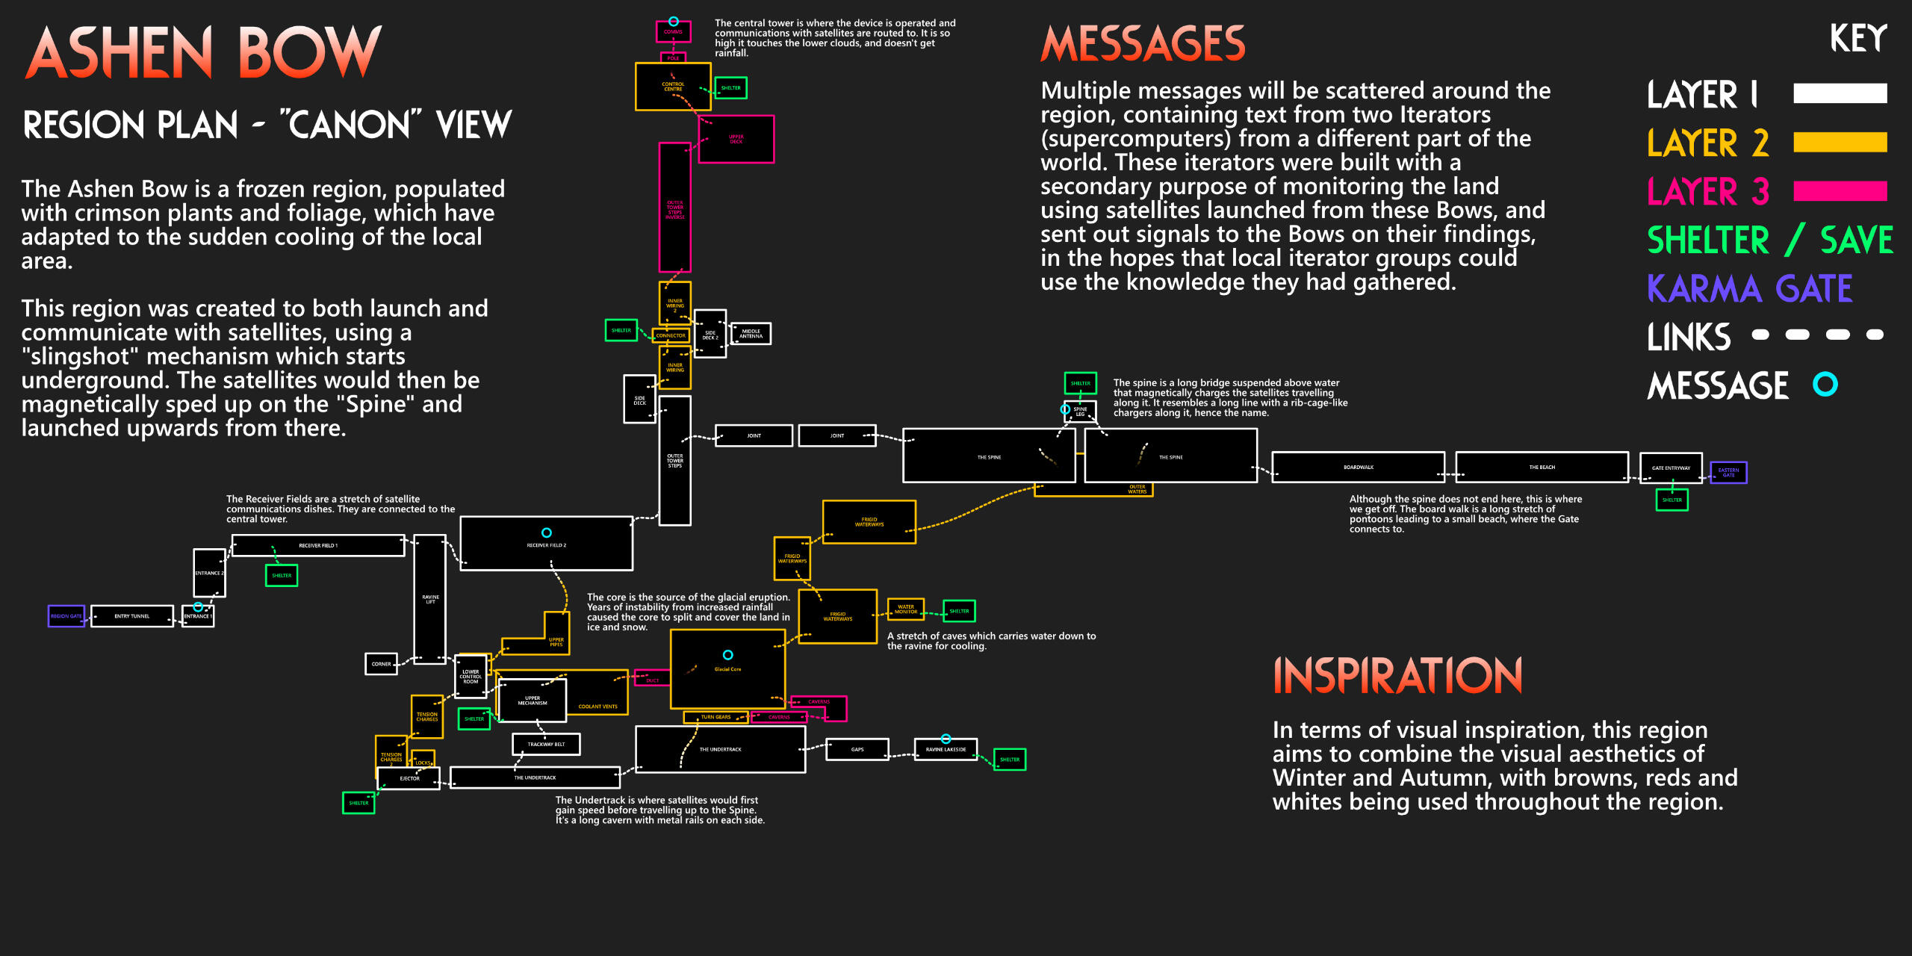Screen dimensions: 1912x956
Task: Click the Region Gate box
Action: (x=66, y=616)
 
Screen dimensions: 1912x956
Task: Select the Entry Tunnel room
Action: (x=132, y=616)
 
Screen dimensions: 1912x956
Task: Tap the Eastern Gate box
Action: (x=1728, y=472)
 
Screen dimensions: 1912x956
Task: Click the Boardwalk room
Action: (x=1358, y=468)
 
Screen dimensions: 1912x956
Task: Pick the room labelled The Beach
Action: (x=1542, y=468)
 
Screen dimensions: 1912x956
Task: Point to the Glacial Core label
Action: (x=727, y=669)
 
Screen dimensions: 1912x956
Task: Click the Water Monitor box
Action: (x=905, y=609)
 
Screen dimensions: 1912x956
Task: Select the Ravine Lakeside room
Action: (x=946, y=749)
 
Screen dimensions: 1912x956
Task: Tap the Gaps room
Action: (x=857, y=749)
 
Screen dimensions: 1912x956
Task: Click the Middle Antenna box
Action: (x=751, y=334)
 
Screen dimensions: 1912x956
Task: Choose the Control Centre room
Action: (x=673, y=87)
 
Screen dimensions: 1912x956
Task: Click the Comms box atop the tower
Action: (x=673, y=32)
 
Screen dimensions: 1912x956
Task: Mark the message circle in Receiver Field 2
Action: (x=547, y=533)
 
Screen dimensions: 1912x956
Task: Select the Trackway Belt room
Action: (x=546, y=744)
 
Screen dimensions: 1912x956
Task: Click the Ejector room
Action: (x=409, y=778)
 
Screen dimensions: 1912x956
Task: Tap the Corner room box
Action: (x=381, y=664)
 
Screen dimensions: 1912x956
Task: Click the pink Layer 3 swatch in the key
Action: (x=1840, y=191)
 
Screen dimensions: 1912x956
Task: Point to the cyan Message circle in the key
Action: (x=1825, y=385)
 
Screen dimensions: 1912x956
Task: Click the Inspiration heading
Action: (x=1397, y=676)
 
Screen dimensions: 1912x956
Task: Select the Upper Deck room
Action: (x=736, y=139)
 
